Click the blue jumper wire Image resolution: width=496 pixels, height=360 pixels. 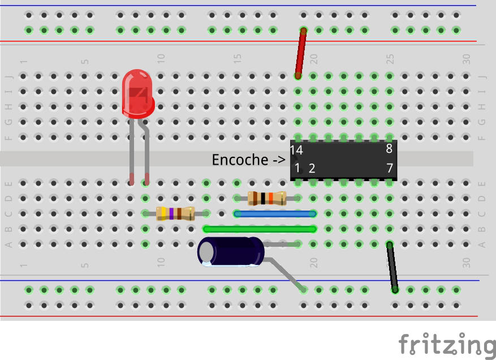(275, 214)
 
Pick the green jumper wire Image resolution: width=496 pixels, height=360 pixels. (260, 229)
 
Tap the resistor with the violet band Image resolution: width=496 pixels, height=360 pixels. (175, 213)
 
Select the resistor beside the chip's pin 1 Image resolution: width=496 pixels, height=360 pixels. (268, 198)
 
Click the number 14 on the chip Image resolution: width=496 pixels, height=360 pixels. (296, 151)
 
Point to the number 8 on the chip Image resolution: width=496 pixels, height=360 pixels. (389, 149)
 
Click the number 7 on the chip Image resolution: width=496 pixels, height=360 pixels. (389, 168)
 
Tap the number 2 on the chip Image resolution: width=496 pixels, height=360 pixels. (312, 168)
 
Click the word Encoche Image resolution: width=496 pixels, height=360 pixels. (240, 160)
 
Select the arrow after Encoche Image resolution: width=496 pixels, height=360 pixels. (279, 160)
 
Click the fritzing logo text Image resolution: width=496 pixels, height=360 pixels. (447, 344)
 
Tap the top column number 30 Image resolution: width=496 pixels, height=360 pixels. (466, 58)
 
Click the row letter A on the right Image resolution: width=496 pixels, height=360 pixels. (482, 245)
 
